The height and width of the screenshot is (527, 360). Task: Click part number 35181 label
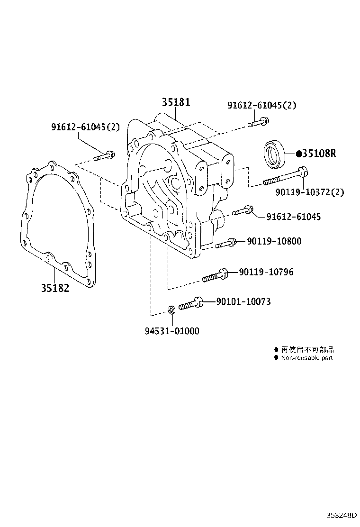(x=176, y=102)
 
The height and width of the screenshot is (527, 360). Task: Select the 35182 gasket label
(x=54, y=288)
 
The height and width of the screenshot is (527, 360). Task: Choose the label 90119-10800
(x=274, y=241)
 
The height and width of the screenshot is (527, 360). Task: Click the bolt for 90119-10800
(x=226, y=244)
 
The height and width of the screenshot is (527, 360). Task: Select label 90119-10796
(x=266, y=272)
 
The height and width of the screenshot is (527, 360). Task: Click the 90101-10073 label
(x=243, y=301)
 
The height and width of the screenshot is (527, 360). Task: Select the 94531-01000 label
(x=172, y=331)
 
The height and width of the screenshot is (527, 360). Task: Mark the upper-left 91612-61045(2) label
(x=85, y=127)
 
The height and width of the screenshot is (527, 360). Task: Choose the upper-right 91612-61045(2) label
(x=261, y=105)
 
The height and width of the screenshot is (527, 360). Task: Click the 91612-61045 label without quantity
(x=293, y=217)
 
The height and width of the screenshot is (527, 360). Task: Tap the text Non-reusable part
(x=307, y=358)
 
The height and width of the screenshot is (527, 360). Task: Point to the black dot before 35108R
(x=298, y=154)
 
